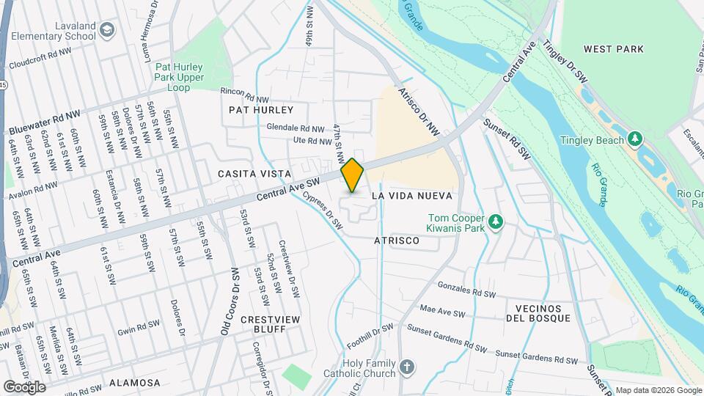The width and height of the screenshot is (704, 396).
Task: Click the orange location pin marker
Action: pyautogui.click(x=352, y=175)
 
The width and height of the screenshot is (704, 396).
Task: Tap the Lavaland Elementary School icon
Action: pyautogui.click(x=108, y=30)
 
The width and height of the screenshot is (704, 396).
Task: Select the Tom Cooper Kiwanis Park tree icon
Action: pyautogui.click(x=496, y=221)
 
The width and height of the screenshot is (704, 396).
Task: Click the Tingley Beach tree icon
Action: pyautogui.click(x=635, y=139)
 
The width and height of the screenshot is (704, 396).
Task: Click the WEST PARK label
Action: pyautogui.click(x=613, y=49)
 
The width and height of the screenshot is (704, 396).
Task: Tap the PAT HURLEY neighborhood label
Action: pyautogui.click(x=261, y=110)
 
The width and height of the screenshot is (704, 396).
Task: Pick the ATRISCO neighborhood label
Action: pyautogui.click(x=397, y=241)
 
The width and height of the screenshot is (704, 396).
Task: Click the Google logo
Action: pyautogui.click(x=25, y=386)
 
